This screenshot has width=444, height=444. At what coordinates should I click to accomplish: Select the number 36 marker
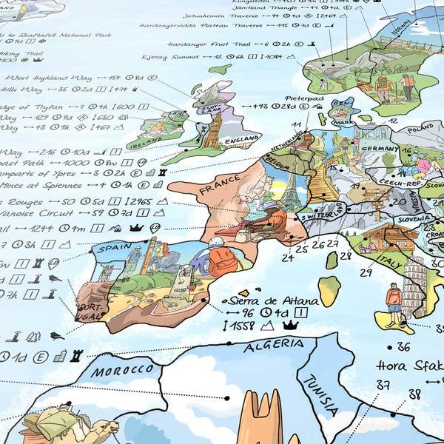[x=403, y=346]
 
